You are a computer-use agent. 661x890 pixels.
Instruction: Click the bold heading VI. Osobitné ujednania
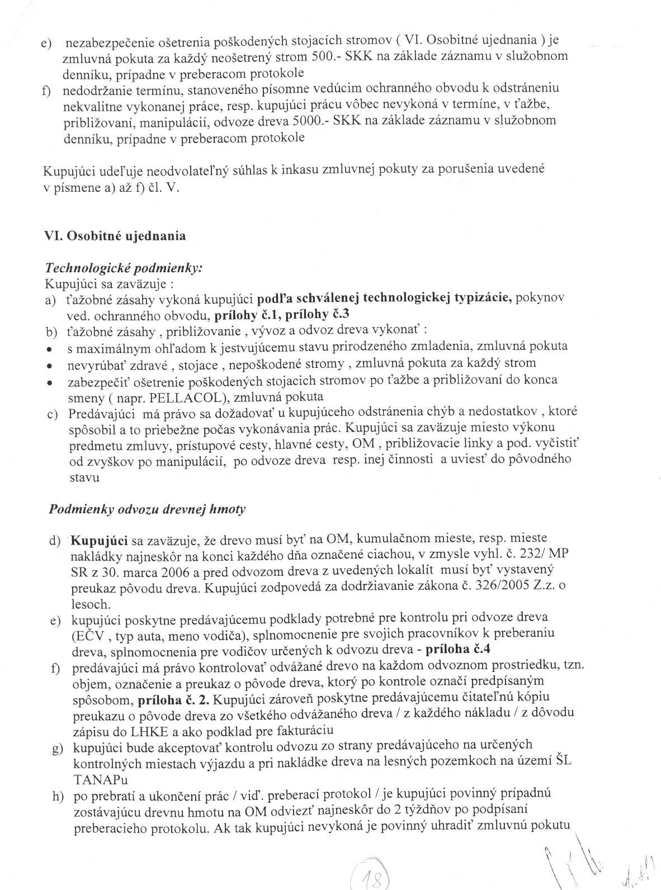pos(115,236)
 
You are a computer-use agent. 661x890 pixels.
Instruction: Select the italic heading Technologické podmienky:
pos(123,268)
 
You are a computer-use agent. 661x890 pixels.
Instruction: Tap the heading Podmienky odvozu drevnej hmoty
pos(147,509)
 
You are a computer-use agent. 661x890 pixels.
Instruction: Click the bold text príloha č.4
pos(458,650)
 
